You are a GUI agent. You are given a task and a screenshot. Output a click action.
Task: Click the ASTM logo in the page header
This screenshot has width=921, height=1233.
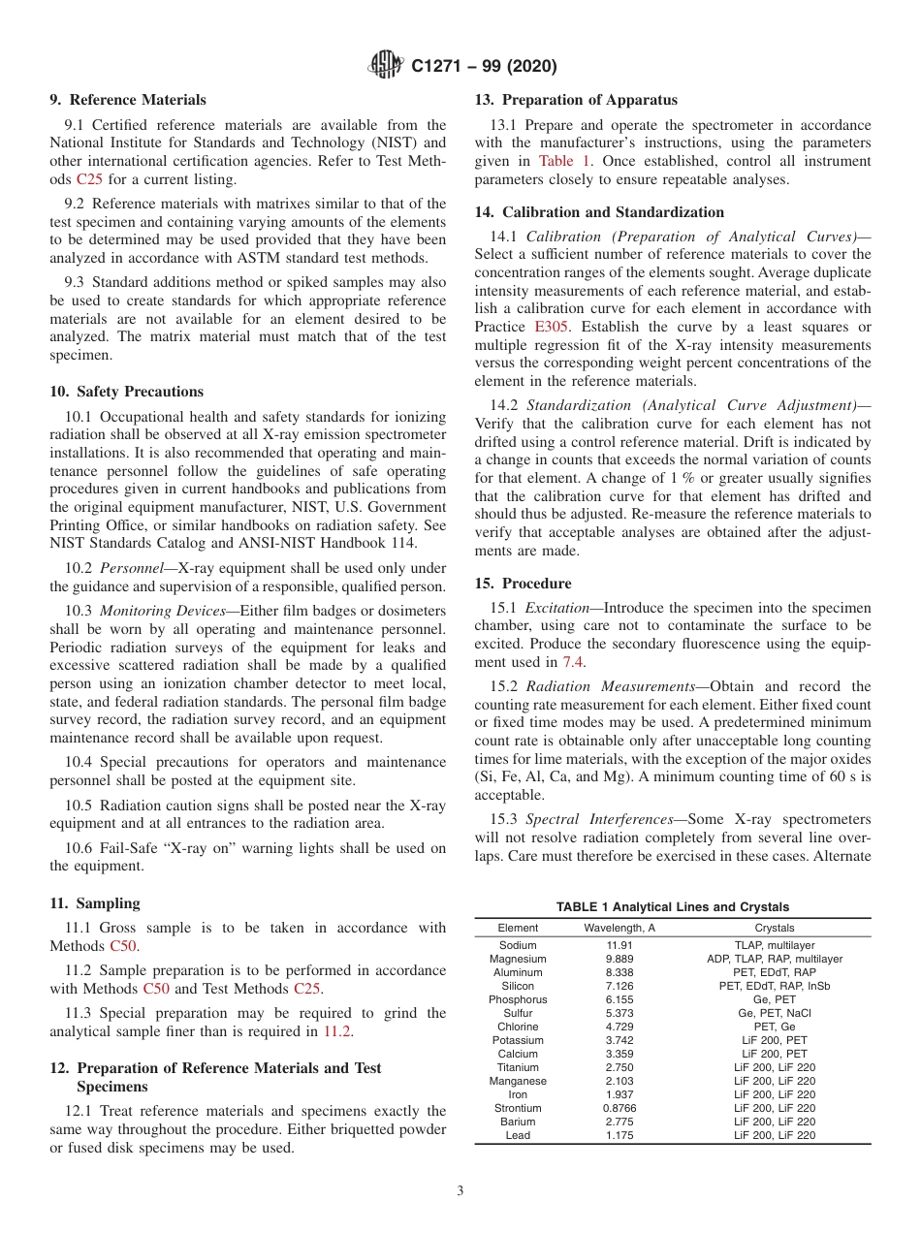pos(388,67)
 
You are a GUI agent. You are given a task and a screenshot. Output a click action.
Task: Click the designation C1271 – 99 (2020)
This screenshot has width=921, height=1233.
pos(484,67)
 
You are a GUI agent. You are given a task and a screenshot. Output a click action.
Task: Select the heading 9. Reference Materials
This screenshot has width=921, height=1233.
pos(128,100)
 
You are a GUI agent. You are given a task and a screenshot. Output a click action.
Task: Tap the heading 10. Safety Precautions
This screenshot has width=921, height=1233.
pos(127,392)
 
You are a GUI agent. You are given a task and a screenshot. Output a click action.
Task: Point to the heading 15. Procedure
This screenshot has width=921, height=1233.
pos(523,584)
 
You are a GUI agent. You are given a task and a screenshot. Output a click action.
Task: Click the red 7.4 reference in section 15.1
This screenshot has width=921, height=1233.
pos(573,661)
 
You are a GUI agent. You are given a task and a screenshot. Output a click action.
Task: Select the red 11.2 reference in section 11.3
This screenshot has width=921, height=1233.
pos(337,1031)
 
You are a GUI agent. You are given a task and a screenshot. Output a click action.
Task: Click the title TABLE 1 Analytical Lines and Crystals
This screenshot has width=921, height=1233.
pos(672,907)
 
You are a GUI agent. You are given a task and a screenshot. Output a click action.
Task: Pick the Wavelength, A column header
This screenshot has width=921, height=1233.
pos(619,929)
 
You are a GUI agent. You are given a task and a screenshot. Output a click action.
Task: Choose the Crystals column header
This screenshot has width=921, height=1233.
pos(774,929)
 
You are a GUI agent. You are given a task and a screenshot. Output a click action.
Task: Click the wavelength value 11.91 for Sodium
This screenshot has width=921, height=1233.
pos(619,945)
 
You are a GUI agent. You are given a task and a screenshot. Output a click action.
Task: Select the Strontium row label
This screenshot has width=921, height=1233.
pos(518,1108)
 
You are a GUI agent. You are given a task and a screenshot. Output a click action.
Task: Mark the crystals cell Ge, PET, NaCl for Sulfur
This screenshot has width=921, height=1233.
pos(774,1013)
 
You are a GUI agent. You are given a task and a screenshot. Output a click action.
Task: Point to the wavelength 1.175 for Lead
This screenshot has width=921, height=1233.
pos(619,1135)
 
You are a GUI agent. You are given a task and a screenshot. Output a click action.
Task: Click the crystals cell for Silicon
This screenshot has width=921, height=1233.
pos(774,986)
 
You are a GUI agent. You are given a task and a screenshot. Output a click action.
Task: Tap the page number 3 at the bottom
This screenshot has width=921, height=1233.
pos(460,1191)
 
